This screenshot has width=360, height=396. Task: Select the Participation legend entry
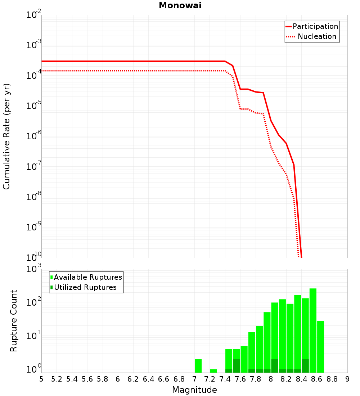pyautogui.click(x=315, y=26)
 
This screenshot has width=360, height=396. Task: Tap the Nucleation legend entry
pyautogui.click(x=317, y=36)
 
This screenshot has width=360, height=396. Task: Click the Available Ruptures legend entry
pyautogui.click(x=88, y=277)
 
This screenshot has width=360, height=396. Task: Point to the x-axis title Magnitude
pyautogui.click(x=194, y=390)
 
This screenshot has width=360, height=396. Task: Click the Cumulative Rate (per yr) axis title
pyautogui.click(x=6, y=136)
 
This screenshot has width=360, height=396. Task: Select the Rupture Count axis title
pyautogui.click(x=14, y=320)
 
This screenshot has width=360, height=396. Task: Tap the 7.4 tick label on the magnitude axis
pyautogui.click(x=225, y=379)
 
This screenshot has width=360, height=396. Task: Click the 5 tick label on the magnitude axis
pyautogui.click(x=41, y=379)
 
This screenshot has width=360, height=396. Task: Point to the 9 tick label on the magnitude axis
pyautogui.click(x=347, y=379)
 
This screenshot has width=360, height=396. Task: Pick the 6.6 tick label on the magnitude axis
pyautogui.click(x=164, y=379)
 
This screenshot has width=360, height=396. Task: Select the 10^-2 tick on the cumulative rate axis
pyautogui.click(x=33, y=15)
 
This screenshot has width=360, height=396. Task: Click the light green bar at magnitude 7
pyautogui.click(x=198, y=366)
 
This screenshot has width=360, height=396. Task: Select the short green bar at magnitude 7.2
pyautogui.click(x=213, y=371)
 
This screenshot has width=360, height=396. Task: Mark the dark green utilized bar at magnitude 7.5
pyautogui.click(x=237, y=366)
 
